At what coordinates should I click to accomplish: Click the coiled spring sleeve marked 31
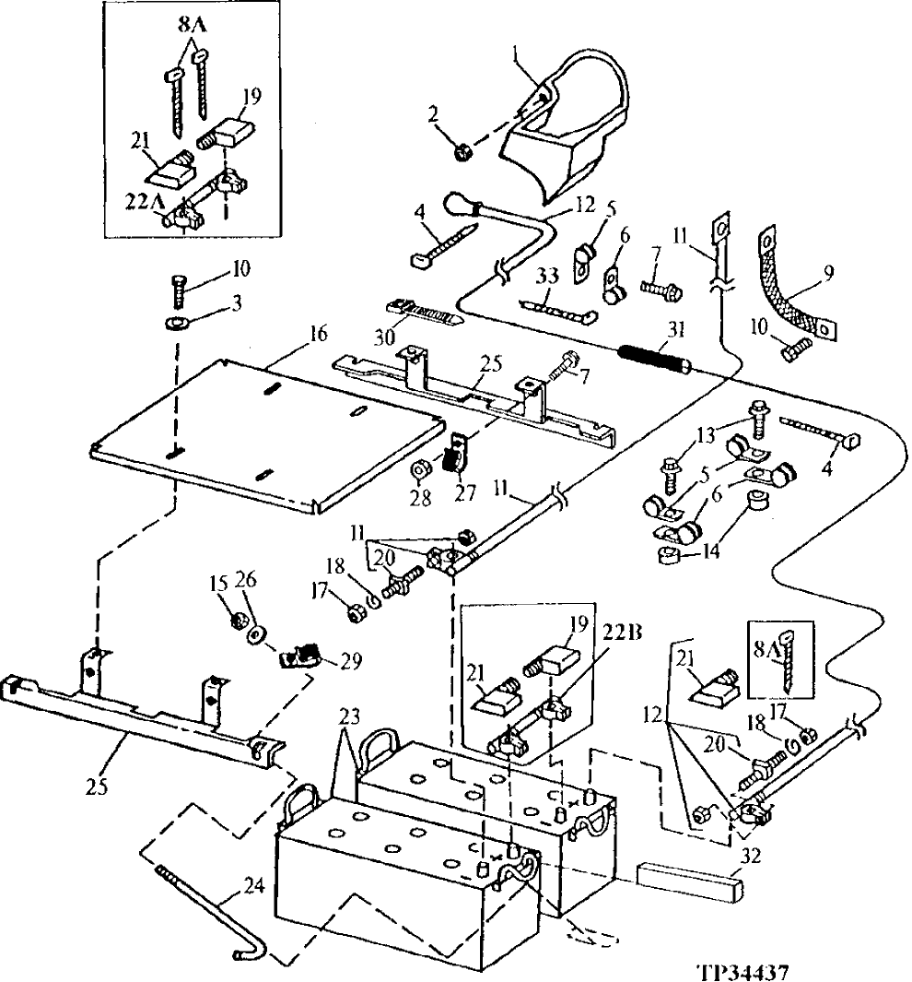[x=654, y=355]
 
